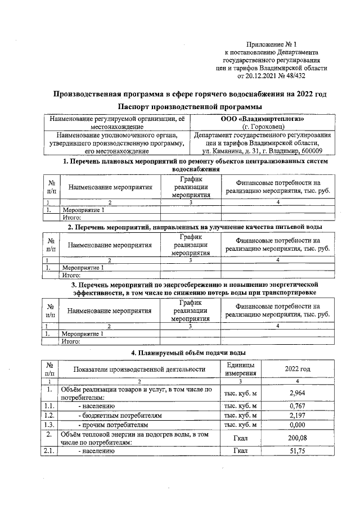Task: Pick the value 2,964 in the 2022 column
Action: (297, 393)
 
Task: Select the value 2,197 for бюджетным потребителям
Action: (297, 415)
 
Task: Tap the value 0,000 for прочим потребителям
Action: (297, 425)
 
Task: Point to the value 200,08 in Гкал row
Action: (297, 438)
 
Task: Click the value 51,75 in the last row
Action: (297, 451)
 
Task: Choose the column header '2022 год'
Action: (297, 369)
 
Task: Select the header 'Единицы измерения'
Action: (240, 369)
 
